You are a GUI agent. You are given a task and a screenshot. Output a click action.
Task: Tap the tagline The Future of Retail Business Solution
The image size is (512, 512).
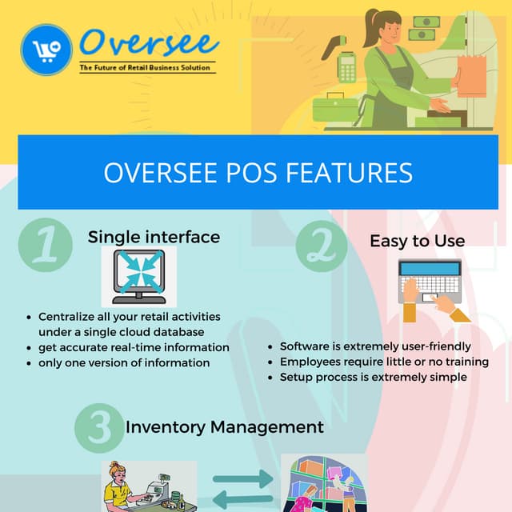tap(147, 68)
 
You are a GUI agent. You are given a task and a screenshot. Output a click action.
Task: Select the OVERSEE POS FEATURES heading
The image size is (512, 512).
tap(258, 173)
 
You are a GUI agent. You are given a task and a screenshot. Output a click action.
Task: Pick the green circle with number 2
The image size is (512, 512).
tap(321, 246)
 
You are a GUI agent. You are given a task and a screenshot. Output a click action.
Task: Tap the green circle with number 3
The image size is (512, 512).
tap(98, 428)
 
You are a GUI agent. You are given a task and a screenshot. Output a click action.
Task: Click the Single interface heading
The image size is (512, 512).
tap(154, 237)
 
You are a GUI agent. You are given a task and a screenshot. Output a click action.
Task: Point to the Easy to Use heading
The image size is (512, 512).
tap(417, 241)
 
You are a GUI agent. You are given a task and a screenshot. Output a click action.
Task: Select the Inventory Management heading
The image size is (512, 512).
tap(225, 427)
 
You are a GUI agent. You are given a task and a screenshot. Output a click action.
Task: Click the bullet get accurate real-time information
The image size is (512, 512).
tap(134, 347)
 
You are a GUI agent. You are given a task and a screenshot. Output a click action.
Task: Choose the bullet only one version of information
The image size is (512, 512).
tap(124, 362)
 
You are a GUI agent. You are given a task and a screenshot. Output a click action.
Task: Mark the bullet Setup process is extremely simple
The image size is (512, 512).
tap(374, 376)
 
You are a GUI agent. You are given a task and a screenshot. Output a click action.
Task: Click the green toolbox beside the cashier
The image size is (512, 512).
tap(334, 106)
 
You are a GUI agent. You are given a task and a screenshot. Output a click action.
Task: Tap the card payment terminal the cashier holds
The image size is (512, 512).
tap(347, 68)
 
